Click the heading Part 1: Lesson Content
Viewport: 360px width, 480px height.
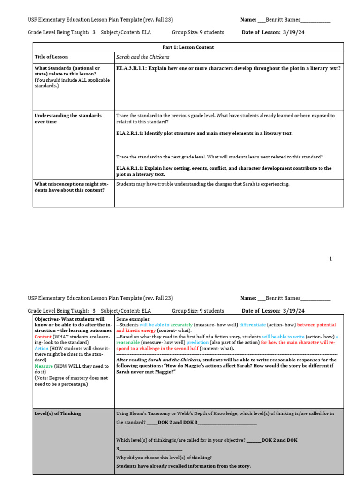[187, 47]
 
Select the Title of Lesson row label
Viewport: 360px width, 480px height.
[51, 57]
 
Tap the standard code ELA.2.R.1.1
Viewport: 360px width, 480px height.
[129, 133]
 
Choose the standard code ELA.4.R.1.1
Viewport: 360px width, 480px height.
[129, 168]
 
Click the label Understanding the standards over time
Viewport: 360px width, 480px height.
[67, 118]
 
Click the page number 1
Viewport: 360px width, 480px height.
[330, 259]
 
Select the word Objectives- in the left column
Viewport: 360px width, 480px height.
[47, 319]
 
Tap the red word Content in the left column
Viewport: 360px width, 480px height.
[43, 337]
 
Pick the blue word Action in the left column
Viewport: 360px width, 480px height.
[41, 349]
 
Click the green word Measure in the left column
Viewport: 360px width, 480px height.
[44, 366]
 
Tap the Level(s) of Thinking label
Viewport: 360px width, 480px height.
[58, 413]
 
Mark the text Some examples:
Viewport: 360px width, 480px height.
[133, 319]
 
